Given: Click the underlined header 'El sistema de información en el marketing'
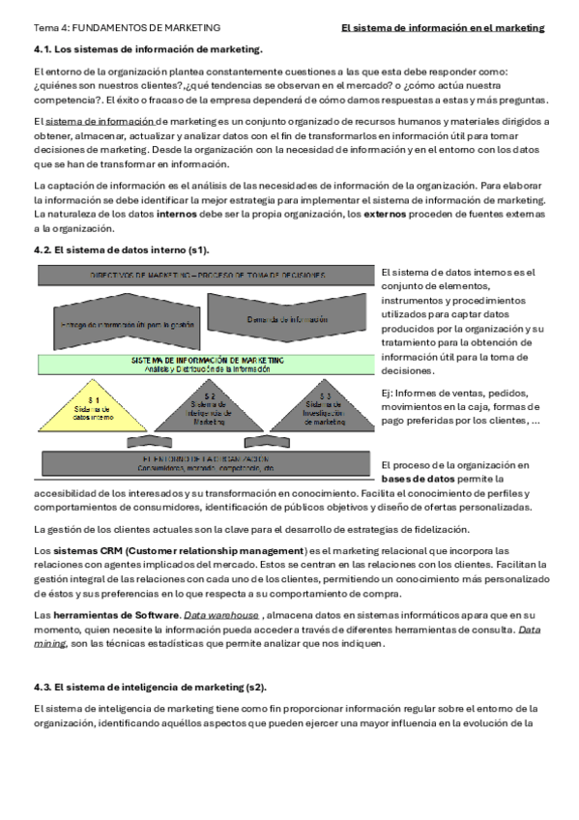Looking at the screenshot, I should pos(443,28).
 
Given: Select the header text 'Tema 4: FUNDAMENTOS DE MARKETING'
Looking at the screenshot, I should pos(127,28).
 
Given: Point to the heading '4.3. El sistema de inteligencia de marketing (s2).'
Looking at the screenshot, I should pos(149,687).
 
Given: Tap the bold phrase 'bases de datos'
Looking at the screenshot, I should pos(417,479).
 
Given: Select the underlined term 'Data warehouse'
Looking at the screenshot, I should pos(221,615).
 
